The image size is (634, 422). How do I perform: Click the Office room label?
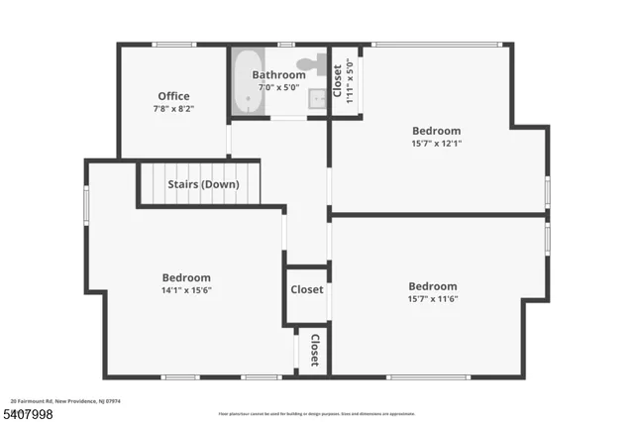(173, 96)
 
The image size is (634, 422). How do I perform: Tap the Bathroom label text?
(278, 75)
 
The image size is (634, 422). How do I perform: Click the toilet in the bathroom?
(313, 64)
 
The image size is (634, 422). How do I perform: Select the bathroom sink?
(317, 98)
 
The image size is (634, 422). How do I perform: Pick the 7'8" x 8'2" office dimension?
(173, 108)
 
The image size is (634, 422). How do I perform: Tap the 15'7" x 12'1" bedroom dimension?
(436, 143)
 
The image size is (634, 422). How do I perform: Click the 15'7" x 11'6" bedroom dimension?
(433, 299)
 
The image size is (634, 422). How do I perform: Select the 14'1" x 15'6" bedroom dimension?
(186, 290)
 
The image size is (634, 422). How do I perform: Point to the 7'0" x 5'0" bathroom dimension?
(278, 87)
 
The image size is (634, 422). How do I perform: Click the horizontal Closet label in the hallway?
(306, 290)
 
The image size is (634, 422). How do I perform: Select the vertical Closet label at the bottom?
(314, 350)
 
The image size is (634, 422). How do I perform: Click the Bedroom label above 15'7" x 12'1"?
(436, 131)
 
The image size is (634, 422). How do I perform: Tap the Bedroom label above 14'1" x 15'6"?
(186, 278)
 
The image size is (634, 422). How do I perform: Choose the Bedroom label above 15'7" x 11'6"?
(433, 286)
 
